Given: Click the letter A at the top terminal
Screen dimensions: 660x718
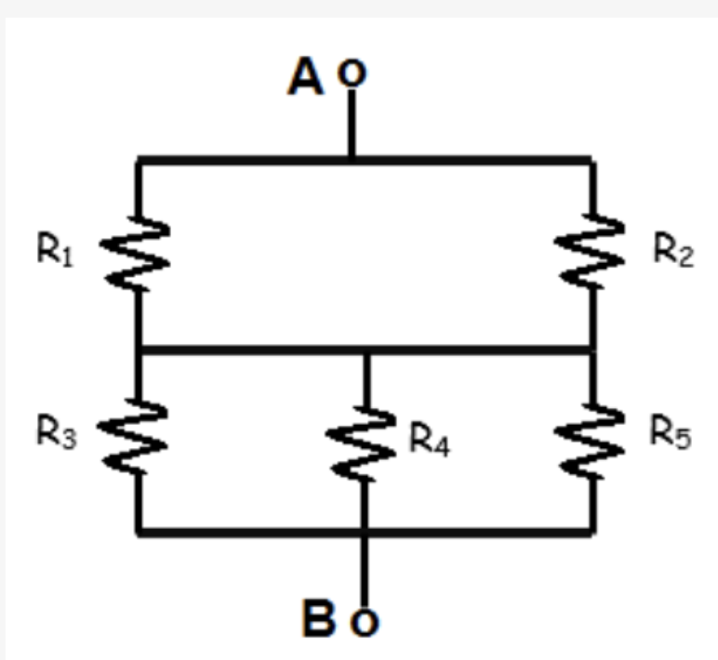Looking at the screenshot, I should point(307,76).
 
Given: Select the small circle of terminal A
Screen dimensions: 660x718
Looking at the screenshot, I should point(351,73).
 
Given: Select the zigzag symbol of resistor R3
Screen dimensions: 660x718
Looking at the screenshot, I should point(138,437).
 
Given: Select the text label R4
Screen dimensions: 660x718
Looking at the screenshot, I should point(432,441).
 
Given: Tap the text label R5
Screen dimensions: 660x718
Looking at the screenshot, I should point(671,433).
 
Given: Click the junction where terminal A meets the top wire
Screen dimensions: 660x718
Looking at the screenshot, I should point(351,160).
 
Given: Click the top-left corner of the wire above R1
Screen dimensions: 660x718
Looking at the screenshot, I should point(138,160).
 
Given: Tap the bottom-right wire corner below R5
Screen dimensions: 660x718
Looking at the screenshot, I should point(592,533).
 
